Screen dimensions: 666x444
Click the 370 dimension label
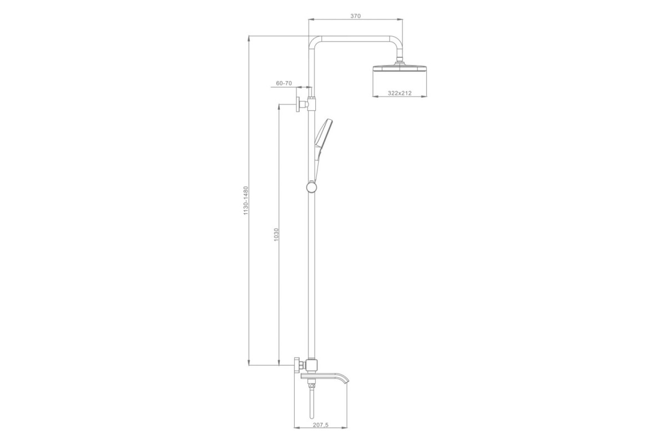(x=355, y=16)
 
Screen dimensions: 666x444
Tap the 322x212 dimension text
(x=400, y=93)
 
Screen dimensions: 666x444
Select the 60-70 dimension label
(x=284, y=83)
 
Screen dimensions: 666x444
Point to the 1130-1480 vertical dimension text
(x=245, y=201)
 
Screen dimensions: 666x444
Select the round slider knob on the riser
(x=311, y=187)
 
